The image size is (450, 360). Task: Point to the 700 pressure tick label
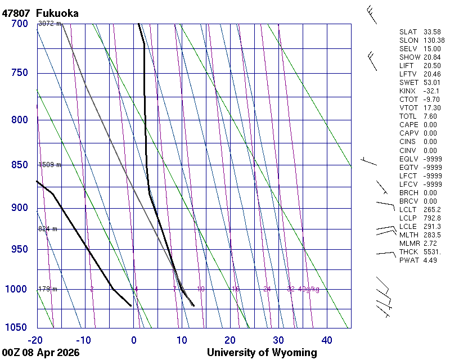(x=19, y=24)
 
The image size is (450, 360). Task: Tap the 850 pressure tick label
(x=19, y=165)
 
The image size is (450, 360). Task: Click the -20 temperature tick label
(x=35, y=340)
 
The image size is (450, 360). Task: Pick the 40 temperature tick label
(x=326, y=340)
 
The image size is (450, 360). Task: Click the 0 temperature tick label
(x=134, y=340)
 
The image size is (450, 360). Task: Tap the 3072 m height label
(x=49, y=24)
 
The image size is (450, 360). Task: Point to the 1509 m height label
(x=49, y=165)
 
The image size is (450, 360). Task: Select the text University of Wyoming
(x=262, y=353)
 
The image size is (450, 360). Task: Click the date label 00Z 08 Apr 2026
(x=40, y=353)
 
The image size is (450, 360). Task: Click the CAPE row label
(x=409, y=125)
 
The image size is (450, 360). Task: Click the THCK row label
(x=409, y=251)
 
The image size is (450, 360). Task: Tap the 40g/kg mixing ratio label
(x=309, y=289)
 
